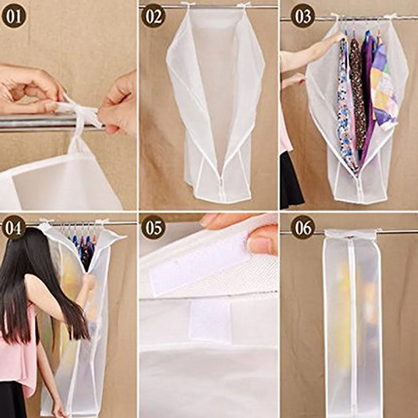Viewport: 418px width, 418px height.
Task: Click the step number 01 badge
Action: coord(14,16)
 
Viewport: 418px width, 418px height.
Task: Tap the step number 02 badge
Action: coord(153,16)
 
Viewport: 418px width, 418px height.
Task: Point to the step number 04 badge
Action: coord(14,228)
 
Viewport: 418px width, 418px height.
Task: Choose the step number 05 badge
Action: coord(153,228)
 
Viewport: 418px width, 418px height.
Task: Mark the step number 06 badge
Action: coord(303,228)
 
